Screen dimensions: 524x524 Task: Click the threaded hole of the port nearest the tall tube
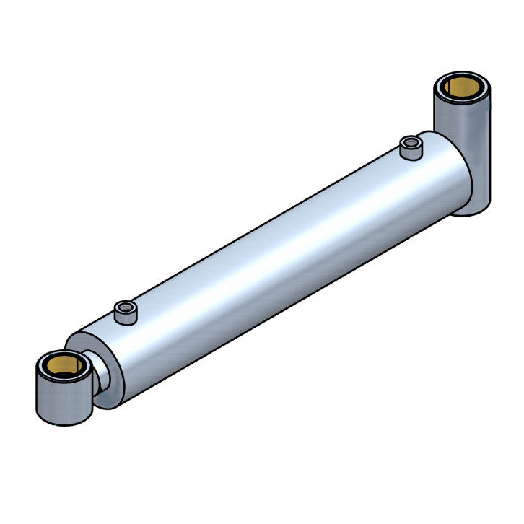click(411, 141)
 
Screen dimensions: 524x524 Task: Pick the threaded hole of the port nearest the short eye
click(126, 308)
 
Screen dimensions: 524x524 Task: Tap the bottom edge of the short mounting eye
click(65, 424)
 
